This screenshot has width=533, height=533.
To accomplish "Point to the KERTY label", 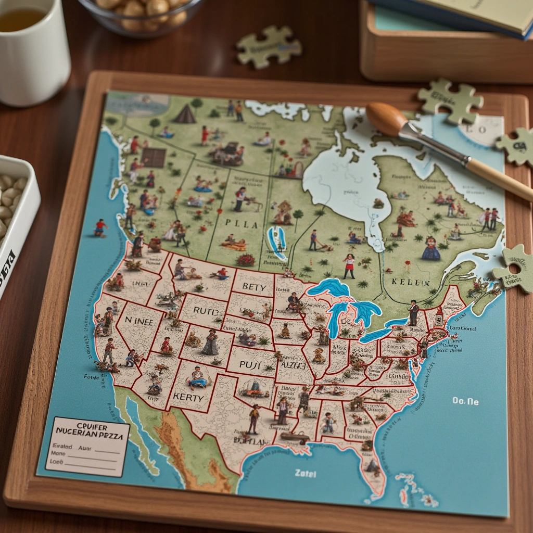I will pyautogui.click(x=188, y=397).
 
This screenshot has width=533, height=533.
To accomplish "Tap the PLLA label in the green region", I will pyautogui.click(x=242, y=224).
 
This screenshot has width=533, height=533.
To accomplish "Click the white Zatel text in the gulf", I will pyautogui.click(x=305, y=473).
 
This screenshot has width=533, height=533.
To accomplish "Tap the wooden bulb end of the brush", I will pyautogui.click(x=386, y=119).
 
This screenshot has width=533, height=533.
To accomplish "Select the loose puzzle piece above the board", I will pyautogui.click(x=269, y=47).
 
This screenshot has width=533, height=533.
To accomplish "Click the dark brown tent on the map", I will pyautogui.click(x=185, y=114).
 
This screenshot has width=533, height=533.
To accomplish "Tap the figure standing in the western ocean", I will pyautogui.click(x=100, y=227).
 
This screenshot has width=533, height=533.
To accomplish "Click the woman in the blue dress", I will pyautogui.click(x=430, y=248).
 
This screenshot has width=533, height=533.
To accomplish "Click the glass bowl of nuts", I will pyautogui.click(x=142, y=16).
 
